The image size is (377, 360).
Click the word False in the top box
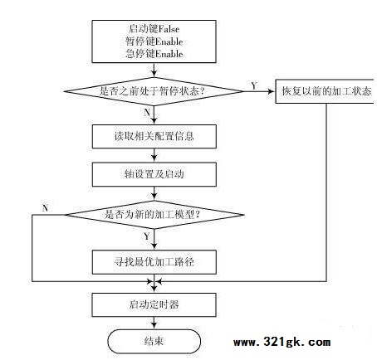(x=169, y=29)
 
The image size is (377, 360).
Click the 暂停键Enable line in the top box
(x=154, y=41)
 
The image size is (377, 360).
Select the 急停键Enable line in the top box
(x=154, y=53)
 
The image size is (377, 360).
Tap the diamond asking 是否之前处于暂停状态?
(x=154, y=91)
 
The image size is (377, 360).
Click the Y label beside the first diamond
(x=254, y=85)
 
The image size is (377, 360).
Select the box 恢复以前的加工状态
(x=326, y=91)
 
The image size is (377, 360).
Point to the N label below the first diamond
(x=147, y=113)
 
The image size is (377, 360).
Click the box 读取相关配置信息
(x=154, y=136)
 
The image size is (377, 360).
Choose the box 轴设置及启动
(x=154, y=174)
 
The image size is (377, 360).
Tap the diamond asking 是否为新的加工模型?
(x=154, y=215)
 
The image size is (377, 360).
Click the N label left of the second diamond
(x=46, y=208)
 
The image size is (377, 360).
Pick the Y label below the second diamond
(x=147, y=236)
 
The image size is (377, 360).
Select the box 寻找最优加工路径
(x=154, y=262)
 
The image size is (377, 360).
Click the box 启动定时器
(x=154, y=304)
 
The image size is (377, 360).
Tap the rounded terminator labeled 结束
(x=154, y=341)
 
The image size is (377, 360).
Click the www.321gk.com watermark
(x=282, y=343)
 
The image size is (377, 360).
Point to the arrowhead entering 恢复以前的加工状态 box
(x=272, y=91)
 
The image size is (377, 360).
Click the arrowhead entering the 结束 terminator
(x=154, y=326)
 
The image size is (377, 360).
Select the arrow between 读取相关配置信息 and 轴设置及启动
(x=154, y=155)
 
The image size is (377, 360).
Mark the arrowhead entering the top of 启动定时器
(x=154, y=289)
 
